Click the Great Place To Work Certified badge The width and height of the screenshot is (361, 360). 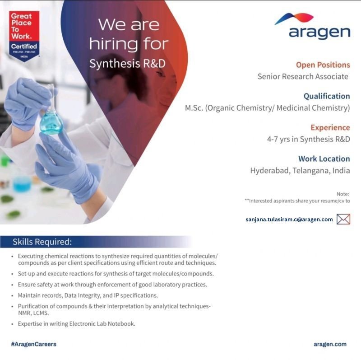pyautogui.click(x=24, y=36)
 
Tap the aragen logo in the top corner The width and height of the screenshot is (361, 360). pyautogui.click(x=312, y=26)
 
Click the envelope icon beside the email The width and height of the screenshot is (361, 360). pyautogui.click(x=343, y=219)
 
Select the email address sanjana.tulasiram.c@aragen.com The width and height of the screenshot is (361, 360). pyautogui.click(x=289, y=220)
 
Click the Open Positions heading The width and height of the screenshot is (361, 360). pyautogui.click(x=323, y=65)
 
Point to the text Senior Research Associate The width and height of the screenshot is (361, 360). pyautogui.click(x=303, y=76)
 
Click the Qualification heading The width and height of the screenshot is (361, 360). pyautogui.click(x=327, y=96)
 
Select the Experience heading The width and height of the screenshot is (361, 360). pyautogui.click(x=330, y=127)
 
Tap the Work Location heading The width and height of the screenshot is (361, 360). pyautogui.click(x=324, y=159)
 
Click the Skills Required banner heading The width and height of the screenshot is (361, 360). pyautogui.click(x=42, y=242)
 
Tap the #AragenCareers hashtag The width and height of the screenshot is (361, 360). pyautogui.click(x=33, y=344)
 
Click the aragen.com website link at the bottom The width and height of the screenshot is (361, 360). pyautogui.click(x=330, y=344)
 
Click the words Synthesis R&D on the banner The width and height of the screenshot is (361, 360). pyautogui.click(x=127, y=64)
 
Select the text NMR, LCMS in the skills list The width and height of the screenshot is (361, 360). pyautogui.click(x=33, y=313)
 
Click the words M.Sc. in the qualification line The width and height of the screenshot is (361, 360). pyautogui.click(x=194, y=108)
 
